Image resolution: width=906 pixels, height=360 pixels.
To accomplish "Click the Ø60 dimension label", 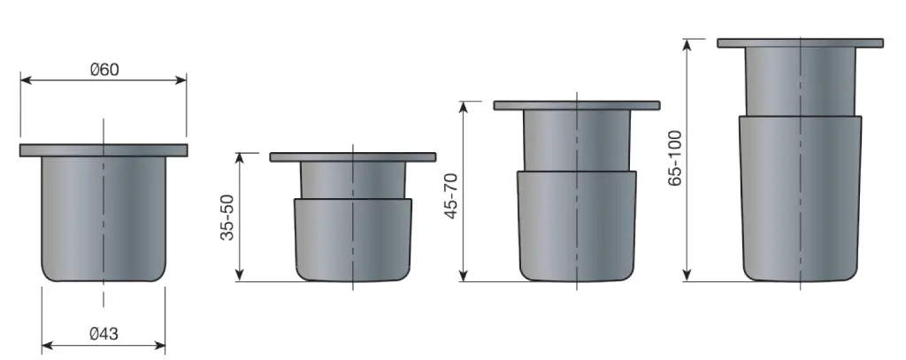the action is point(104,69).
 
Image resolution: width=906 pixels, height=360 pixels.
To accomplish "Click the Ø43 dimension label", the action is point(104,334).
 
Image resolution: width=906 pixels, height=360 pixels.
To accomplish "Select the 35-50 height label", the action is point(227,218).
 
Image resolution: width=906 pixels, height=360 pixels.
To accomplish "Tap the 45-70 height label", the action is point(451,195).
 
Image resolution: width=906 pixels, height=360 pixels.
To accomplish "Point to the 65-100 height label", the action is point(675,157).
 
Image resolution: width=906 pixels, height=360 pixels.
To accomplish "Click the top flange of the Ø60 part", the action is point(104,150).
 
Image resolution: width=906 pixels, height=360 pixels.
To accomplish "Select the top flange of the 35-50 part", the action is point(353,157).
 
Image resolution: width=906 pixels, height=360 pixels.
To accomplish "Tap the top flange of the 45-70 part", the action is point(577,105).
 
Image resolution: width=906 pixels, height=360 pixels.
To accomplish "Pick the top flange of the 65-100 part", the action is point(800,43).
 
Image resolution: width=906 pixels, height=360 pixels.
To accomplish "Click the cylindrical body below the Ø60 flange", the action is point(104,219).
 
